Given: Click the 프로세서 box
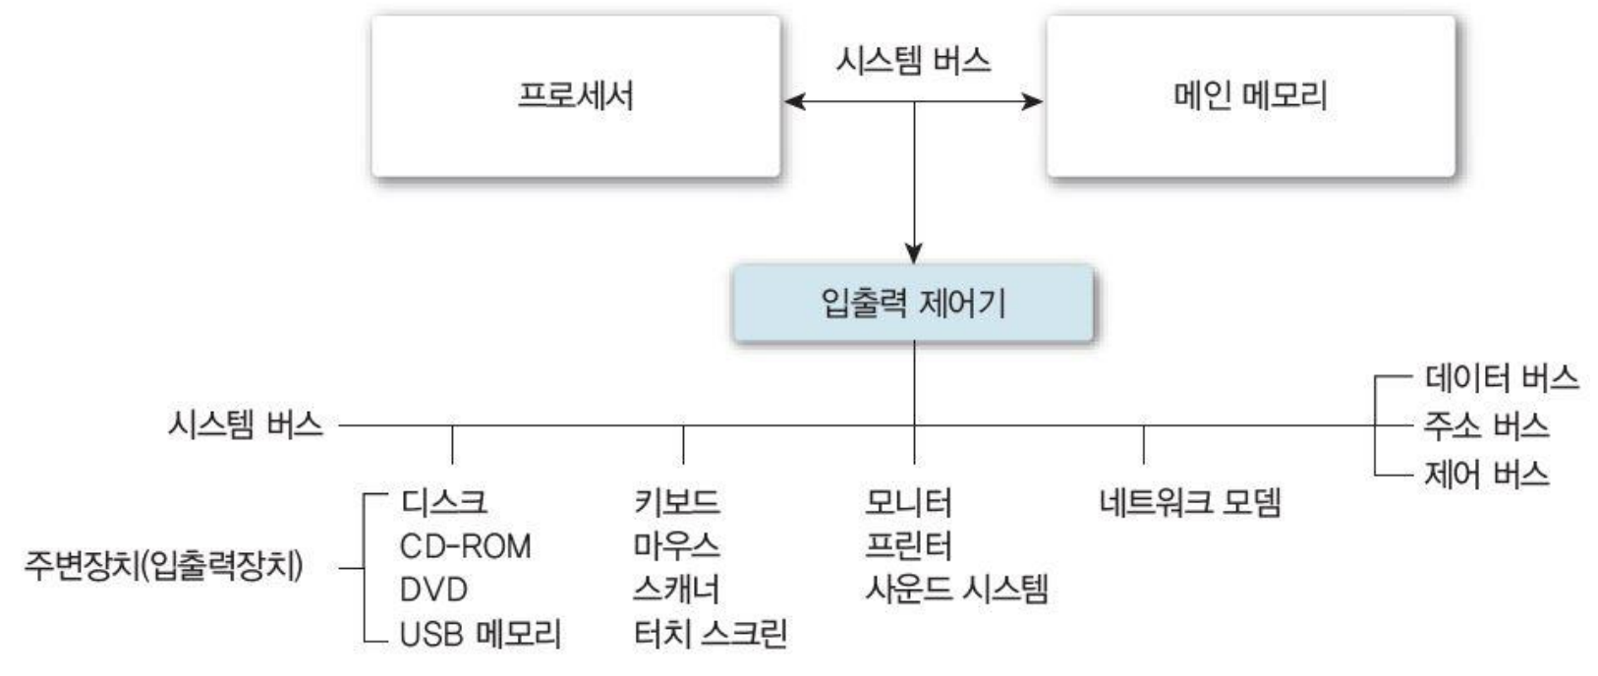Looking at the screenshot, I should coord(575,96).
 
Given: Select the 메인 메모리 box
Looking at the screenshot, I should coord(1250,96).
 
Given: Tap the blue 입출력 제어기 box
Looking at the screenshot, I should coord(913,304).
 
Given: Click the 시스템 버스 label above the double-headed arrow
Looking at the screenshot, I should coord(913,61).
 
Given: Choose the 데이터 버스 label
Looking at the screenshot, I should coord(1501,377).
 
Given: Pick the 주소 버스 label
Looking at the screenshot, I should coord(1486,425).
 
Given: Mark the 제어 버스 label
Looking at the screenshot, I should coord(1486,475).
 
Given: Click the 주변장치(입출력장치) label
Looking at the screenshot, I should coord(163,567).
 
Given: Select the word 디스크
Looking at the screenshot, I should coord(443,502).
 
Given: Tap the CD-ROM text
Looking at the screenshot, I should coord(465,545).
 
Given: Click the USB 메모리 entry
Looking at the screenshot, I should coord(480,634).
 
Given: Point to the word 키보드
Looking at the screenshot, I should coord(676,502).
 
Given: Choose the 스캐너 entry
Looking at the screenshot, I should coord(676,590).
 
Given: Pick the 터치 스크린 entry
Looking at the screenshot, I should coord(711,634).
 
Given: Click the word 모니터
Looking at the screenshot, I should coord(908,502).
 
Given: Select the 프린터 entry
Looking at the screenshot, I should coord(908,545).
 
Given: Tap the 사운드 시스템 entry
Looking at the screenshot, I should coord(956,590).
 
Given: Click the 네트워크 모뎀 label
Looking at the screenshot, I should coord(1189,502).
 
